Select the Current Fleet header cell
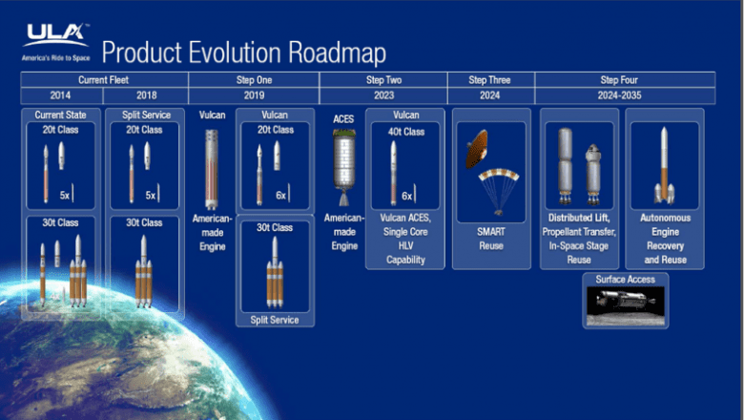104,80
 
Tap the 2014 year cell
61,96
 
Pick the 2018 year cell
146,96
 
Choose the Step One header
253,80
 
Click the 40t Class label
404,130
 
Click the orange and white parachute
498,180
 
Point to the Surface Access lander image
625,304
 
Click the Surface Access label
625,280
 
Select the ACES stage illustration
343,168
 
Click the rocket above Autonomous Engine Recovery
664,166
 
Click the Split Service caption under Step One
274,320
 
